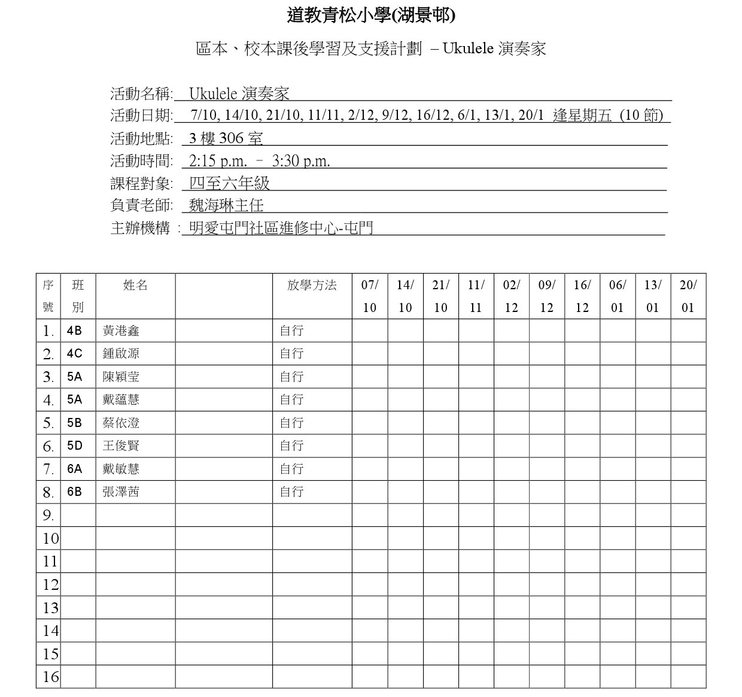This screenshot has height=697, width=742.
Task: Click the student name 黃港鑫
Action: (121, 331)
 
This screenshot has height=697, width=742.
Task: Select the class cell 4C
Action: (75, 354)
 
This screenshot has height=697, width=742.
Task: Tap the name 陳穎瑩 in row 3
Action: (121, 377)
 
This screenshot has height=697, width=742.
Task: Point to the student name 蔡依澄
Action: (121, 423)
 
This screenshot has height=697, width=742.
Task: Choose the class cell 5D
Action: (75, 446)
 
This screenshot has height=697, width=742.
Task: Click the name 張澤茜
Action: (121, 492)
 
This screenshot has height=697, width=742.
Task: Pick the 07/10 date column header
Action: (370, 296)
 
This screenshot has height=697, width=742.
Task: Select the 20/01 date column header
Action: (688, 296)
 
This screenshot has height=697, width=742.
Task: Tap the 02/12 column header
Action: (512, 296)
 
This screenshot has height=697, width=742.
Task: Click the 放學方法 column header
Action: (312, 286)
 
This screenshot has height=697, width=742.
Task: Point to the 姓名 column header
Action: (135, 286)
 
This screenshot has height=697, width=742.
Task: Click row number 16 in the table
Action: (50, 677)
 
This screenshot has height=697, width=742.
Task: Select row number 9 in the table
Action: (48, 516)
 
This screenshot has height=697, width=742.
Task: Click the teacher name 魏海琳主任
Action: (226, 205)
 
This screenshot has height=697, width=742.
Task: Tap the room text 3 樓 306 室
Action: (226, 138)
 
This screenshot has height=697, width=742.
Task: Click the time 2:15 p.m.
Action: (218, 160)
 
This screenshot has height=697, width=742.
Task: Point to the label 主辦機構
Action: (141, 228)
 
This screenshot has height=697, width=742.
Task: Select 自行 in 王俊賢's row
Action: (291, 446)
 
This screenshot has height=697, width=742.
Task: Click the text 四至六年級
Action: (230, 183)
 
